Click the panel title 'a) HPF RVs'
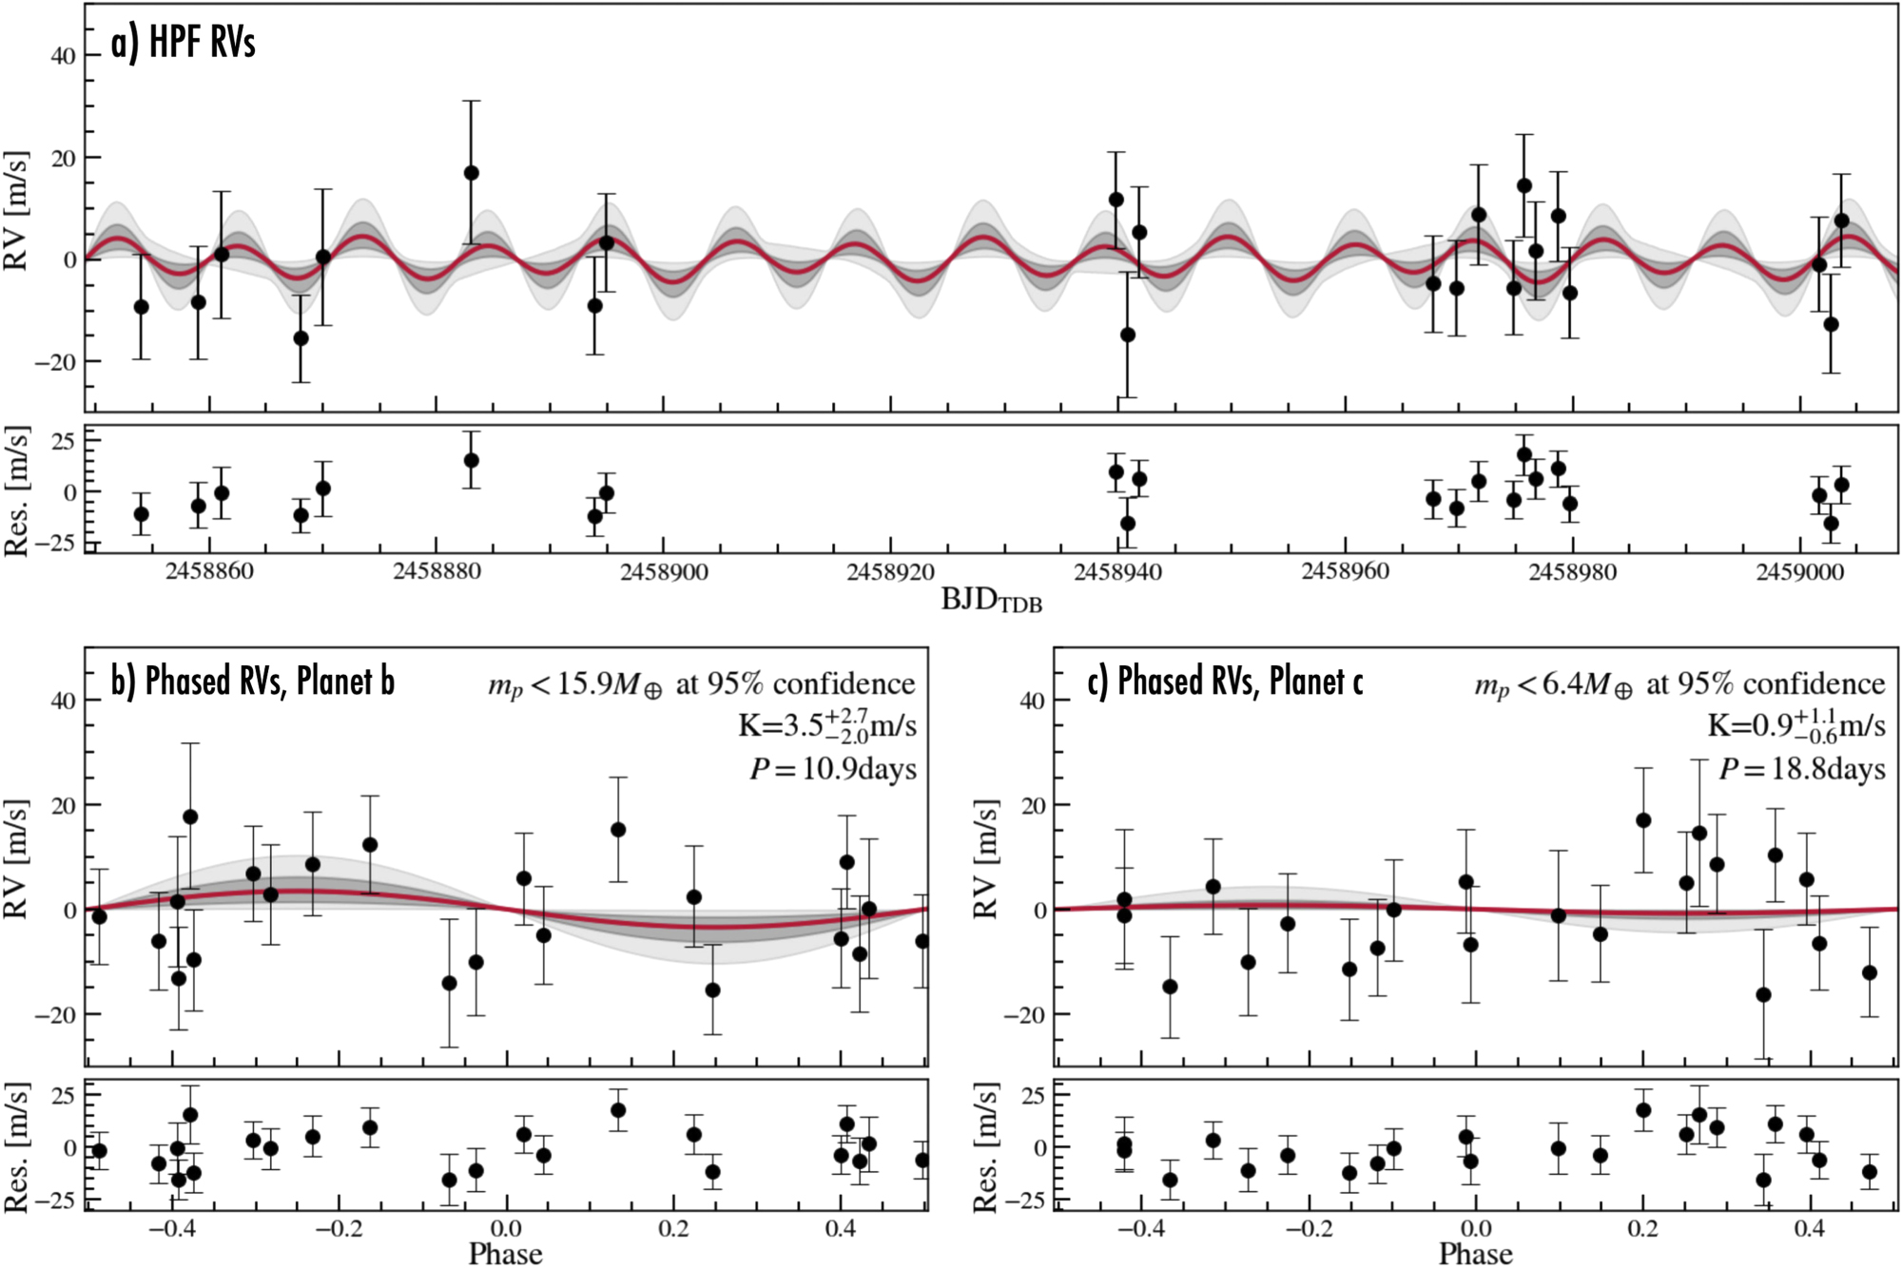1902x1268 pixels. pyautogui.click(x=183, y=44)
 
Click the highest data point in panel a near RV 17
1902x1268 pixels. pyautogui.click(x=471, y=173)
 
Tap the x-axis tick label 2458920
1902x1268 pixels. pyautogui.click(x=890, y=572)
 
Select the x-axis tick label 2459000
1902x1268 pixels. pyautogui.click(x=1799, y=572)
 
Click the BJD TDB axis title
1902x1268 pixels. pyautogui.click(x=991, y=601)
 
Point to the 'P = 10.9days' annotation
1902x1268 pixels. pyautogui.click(x=833, y=769)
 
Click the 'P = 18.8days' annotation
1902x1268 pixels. pyautogui.click(x=1801, y=769)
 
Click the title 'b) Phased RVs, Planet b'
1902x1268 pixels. pyautogui.click(x=252, y=682)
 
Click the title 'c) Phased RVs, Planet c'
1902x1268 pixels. pyautogui.click(x=1225, y=682)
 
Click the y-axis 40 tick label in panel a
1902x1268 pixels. pyautogui.click(x=63, y=56)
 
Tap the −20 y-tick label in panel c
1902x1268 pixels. pyautogui.click(x=1023, y=1015)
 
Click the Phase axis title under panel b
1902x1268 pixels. pyautogui.click(x=505, y=1254)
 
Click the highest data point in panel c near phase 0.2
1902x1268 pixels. pyautogui.click(x=1643, y=820)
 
